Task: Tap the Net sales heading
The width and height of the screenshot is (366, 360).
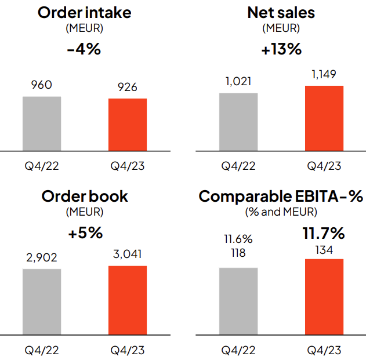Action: tap(281, 12)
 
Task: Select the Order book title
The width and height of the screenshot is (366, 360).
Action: tap(85, 196)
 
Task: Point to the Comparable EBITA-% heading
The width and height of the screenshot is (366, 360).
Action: tap(281, 197)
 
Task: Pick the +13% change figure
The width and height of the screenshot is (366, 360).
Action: tap(281, 49)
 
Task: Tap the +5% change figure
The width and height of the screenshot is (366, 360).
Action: tap(85, 233)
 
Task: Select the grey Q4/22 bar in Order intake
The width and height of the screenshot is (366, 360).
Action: tap(42, 123)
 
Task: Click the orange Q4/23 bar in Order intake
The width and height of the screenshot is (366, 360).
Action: tap(127, 125)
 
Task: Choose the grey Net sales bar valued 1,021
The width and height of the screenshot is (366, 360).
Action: tap(238, 122)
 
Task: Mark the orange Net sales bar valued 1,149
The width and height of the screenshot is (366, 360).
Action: tap(324, 118)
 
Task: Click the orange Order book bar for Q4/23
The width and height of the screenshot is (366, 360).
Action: tap(127, 300)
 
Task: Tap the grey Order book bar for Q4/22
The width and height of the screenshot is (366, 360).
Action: tap(42, 302)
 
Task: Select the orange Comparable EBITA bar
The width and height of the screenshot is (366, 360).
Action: tap(324, 297)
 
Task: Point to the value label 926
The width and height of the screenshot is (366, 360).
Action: tap(127, 88)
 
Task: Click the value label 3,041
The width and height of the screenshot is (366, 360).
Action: tap(127, 254)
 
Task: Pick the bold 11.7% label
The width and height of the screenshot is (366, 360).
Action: tap(324, 234)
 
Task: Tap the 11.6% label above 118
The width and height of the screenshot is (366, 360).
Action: tap(238, 239)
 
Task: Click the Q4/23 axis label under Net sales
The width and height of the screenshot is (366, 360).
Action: tap(324, 166)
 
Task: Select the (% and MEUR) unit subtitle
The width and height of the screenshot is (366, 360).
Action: tap(281, 212)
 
